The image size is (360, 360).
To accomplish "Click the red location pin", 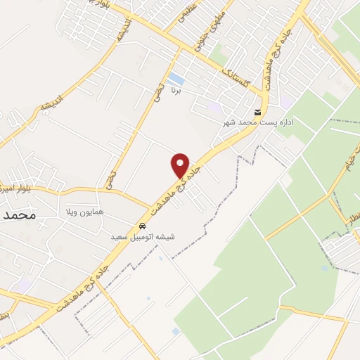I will click(181, 165).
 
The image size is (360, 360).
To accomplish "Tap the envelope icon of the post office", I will click(258, 112).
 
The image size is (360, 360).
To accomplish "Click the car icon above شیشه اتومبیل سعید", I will click(143, 226).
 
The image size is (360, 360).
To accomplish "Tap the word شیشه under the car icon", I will click(166, 238).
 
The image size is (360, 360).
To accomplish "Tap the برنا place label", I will click(179, 91).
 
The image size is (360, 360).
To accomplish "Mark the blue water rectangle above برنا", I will click(176, 79).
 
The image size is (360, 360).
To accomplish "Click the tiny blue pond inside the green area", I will click(324, 268).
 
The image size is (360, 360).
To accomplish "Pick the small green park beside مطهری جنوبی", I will click(218, 53).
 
